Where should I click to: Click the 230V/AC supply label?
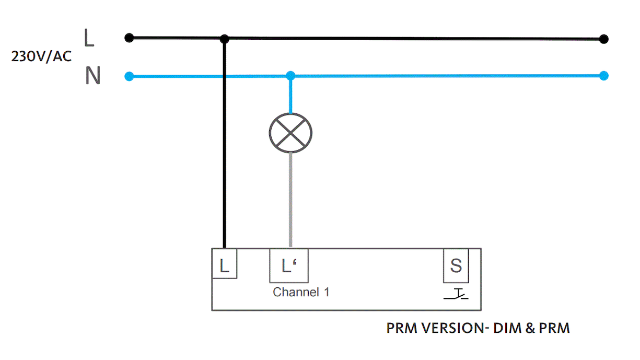(x=41, y=56)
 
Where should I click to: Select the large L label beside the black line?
(x=89, y=38)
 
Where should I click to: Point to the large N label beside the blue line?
(x=93, y=75)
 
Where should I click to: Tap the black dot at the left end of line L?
(x=129, y=38)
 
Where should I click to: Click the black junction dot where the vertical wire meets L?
(x=225, y=39)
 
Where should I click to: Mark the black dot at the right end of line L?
(x=604, y=39)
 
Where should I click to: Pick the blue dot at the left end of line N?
(x=129, y=76)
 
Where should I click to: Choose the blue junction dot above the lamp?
(x=290, y=76)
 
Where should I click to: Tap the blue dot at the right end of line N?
(x=604, y=76)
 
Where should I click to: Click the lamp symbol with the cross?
(x=290, y=133)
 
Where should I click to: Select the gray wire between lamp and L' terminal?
(x=290, y=200)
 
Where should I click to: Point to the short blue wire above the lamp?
(x=290, y=96)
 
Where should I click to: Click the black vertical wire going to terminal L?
(x=225, y=143)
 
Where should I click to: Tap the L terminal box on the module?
(x=225, y=263)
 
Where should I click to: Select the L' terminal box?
(x=289, y=266)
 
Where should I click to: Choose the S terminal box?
(x=456, y=266)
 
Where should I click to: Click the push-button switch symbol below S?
(x=456, y=294)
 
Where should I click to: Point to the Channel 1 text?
(x=301, y=292)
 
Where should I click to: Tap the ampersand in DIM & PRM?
(x=530, y=328)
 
